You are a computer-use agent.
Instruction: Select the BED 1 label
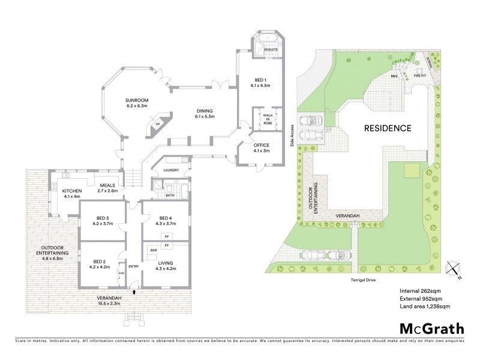coord(261,82)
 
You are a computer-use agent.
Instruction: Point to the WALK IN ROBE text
coord(265,118)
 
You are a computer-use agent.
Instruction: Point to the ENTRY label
coord(133,266)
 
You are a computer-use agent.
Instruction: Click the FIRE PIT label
coord(419,76)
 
